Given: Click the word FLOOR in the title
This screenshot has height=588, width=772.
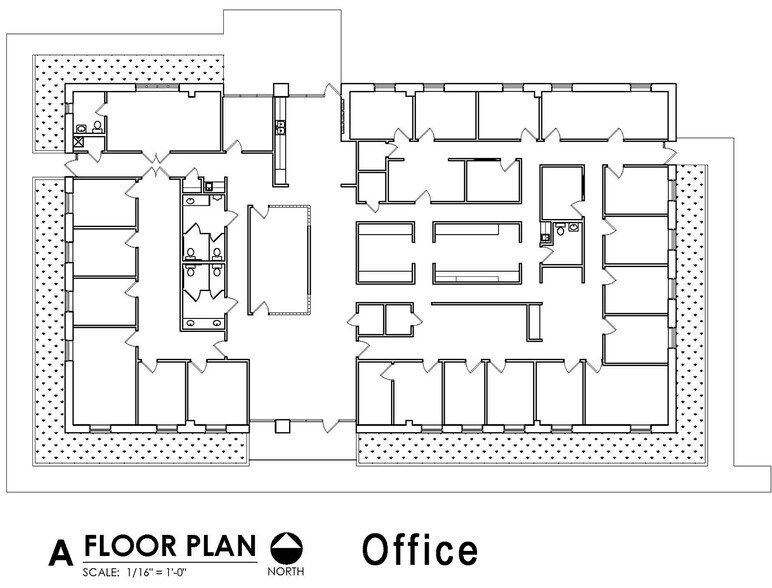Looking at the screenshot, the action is [x=130, y=546].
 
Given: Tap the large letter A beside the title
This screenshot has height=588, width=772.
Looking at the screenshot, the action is [x=61, y=553].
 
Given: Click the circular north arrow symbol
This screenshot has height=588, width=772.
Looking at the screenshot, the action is [x=287, y=548].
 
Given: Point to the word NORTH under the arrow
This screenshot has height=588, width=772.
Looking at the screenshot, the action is [x=286, y=571].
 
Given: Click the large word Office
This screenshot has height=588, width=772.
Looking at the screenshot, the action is [x=420, y=549].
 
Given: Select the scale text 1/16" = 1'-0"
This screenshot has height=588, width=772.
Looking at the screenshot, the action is [x=157, y=572].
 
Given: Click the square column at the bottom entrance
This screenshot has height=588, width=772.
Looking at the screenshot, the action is [x=282, y=426].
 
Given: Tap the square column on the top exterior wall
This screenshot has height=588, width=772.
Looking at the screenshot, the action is [x=281, y=90].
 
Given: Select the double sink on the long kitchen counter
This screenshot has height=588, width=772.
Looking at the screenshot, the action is [x=281, y=127].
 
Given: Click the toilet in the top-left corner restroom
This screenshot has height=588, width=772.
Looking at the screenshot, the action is [x=97, y=128].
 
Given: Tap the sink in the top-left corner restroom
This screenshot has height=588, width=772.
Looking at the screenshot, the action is [x=81, y=129].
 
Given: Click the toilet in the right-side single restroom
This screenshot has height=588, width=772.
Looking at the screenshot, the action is [x=560, y=229].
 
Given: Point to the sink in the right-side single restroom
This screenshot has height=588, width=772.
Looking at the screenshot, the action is [x=574, y=227].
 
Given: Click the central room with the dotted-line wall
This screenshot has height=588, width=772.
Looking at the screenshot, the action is [x=279, y=260].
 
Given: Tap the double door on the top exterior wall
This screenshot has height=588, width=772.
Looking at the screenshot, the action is [x=333, y=91].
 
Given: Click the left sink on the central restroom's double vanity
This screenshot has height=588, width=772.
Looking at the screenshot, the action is [x=191, y=323].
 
